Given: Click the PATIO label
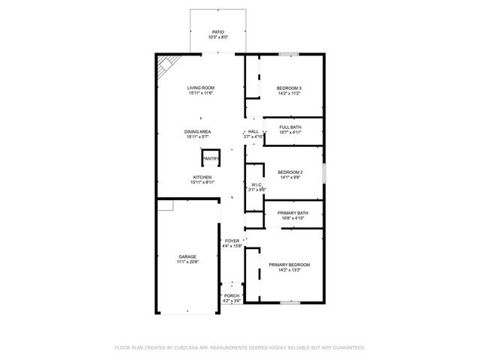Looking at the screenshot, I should (x=217, y=31).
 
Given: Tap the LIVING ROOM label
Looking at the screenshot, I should (x=200, y=88).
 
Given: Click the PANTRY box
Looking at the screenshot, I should (x=211, y=159).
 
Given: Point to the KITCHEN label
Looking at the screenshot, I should (x=201, y=177).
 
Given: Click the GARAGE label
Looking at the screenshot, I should (x=187, y=256).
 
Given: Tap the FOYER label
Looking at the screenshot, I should (x=232, y=241).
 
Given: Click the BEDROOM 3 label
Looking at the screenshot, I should (x=289, y=88).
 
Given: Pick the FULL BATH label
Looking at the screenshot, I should (x=290, y=127).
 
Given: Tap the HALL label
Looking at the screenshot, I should (x=253, y=131).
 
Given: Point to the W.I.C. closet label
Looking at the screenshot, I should (x=256, y=184).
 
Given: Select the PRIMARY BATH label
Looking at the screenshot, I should (x=292, y=213).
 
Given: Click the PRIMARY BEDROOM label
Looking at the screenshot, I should (x=289, y=265).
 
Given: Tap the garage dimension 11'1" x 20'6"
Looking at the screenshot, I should (x=187, y=262).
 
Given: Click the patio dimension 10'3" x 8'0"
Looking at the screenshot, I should (x=217, y=37).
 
